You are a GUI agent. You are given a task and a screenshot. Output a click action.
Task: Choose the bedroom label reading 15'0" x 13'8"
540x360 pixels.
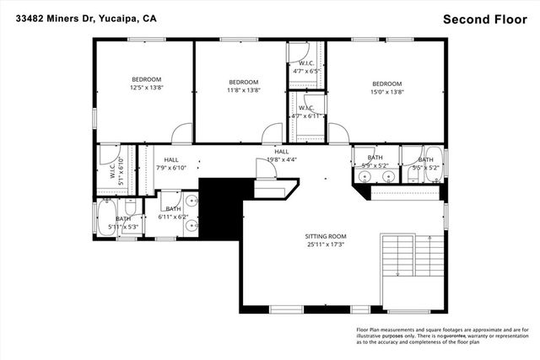tap(387, 87)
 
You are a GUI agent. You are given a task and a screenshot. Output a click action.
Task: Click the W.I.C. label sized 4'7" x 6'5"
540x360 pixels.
tap(306, 67)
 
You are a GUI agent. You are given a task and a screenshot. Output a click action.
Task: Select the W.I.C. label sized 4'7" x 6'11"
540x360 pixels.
tap(306, 111)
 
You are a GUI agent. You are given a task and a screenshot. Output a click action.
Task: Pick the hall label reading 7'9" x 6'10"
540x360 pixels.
tap(171, 164)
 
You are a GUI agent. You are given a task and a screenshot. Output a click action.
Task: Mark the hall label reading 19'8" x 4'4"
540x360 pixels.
tap(281, 155)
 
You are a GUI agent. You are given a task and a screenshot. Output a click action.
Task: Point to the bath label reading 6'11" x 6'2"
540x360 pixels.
tap(172, 212)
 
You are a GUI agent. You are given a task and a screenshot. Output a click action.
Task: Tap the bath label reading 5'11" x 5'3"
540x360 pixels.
tap(123, 223)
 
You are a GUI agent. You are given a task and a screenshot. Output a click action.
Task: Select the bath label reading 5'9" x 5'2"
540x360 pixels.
tap(375, 162)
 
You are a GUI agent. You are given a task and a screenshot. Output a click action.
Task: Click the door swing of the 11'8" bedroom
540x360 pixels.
tap(272, 135)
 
